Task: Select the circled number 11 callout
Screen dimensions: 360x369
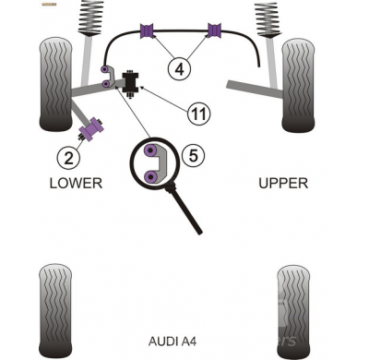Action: pos(197,114)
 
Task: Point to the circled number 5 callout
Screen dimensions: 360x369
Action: pos(191,156)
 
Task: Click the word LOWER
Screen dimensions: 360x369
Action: pos(76,183)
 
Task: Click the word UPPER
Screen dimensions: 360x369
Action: pos(282,183)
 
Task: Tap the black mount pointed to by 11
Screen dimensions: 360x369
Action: pos(130,81)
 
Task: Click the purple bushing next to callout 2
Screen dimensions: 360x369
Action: pos(91,129)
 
